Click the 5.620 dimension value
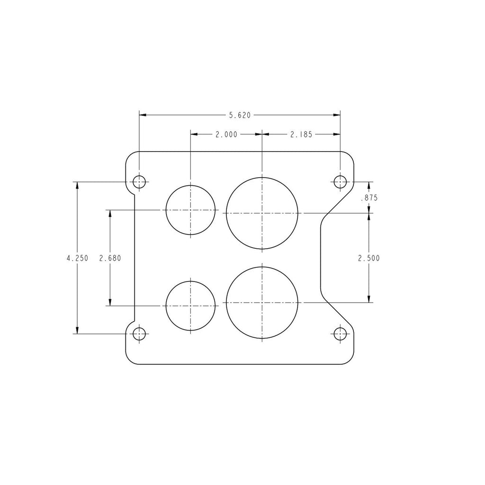pyautogui.click(x=240, y=116)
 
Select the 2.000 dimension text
pyautogui.click(x=226, y=135)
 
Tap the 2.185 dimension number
pyautogui.click(x=301, y=135)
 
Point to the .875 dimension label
pyautogui.click(x=369, y=198)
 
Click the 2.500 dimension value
pyautogui.click(x=369, y=258)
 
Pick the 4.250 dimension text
pyautogui.click(x=77, y=258)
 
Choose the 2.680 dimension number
pyautogui.click(x=110, y=258)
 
